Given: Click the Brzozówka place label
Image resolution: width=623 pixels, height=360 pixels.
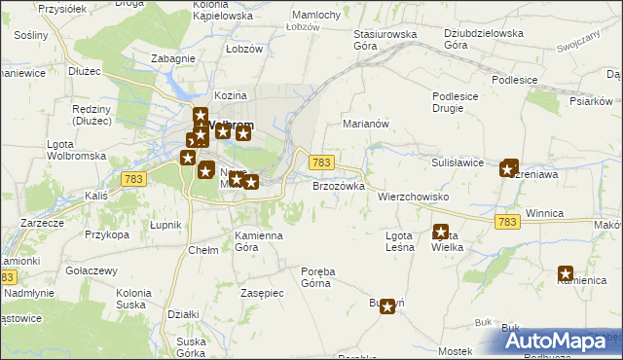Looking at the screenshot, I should (338, 185).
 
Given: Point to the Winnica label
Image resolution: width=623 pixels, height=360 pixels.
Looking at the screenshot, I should (545, 212).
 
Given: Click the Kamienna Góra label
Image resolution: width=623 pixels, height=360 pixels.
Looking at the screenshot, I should (259, 241).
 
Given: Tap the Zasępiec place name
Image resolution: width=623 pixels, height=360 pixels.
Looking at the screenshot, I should (261, 293).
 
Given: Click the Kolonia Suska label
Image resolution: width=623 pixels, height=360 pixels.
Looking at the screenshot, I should (133, 298).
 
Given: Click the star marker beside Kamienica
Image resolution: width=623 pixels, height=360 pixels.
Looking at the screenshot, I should (566, 274).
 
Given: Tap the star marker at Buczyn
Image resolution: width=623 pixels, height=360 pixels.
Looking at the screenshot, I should (388, 306).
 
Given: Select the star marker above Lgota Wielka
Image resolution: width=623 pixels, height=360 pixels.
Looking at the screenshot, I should (440, 233).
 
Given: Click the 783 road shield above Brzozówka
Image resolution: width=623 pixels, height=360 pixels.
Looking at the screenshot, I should (322, 162).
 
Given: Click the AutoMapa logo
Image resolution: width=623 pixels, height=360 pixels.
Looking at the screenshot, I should (563, 340).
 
